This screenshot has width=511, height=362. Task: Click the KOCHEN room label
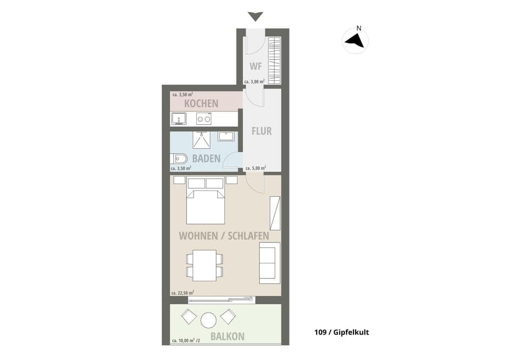201,104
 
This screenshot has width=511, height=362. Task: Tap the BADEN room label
207,158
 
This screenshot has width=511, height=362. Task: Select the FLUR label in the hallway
262,131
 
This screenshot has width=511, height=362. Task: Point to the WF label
256,66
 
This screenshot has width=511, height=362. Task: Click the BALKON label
227,336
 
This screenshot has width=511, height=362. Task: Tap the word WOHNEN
199,235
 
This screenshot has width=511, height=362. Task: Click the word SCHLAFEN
249,235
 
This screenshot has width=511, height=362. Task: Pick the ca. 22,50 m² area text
183,293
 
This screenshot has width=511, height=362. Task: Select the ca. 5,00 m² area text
256,168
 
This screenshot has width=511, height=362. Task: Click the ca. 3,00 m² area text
254,81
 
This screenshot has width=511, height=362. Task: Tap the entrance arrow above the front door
255,16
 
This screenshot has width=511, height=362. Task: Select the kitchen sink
178,119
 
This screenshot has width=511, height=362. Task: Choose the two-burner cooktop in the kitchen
204,119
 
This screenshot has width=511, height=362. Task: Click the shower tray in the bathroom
201,140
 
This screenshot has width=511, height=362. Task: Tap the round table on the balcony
209,321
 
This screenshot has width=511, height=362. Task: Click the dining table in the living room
204,265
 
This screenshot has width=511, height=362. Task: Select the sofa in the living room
270,263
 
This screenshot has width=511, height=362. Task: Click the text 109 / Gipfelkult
342,332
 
